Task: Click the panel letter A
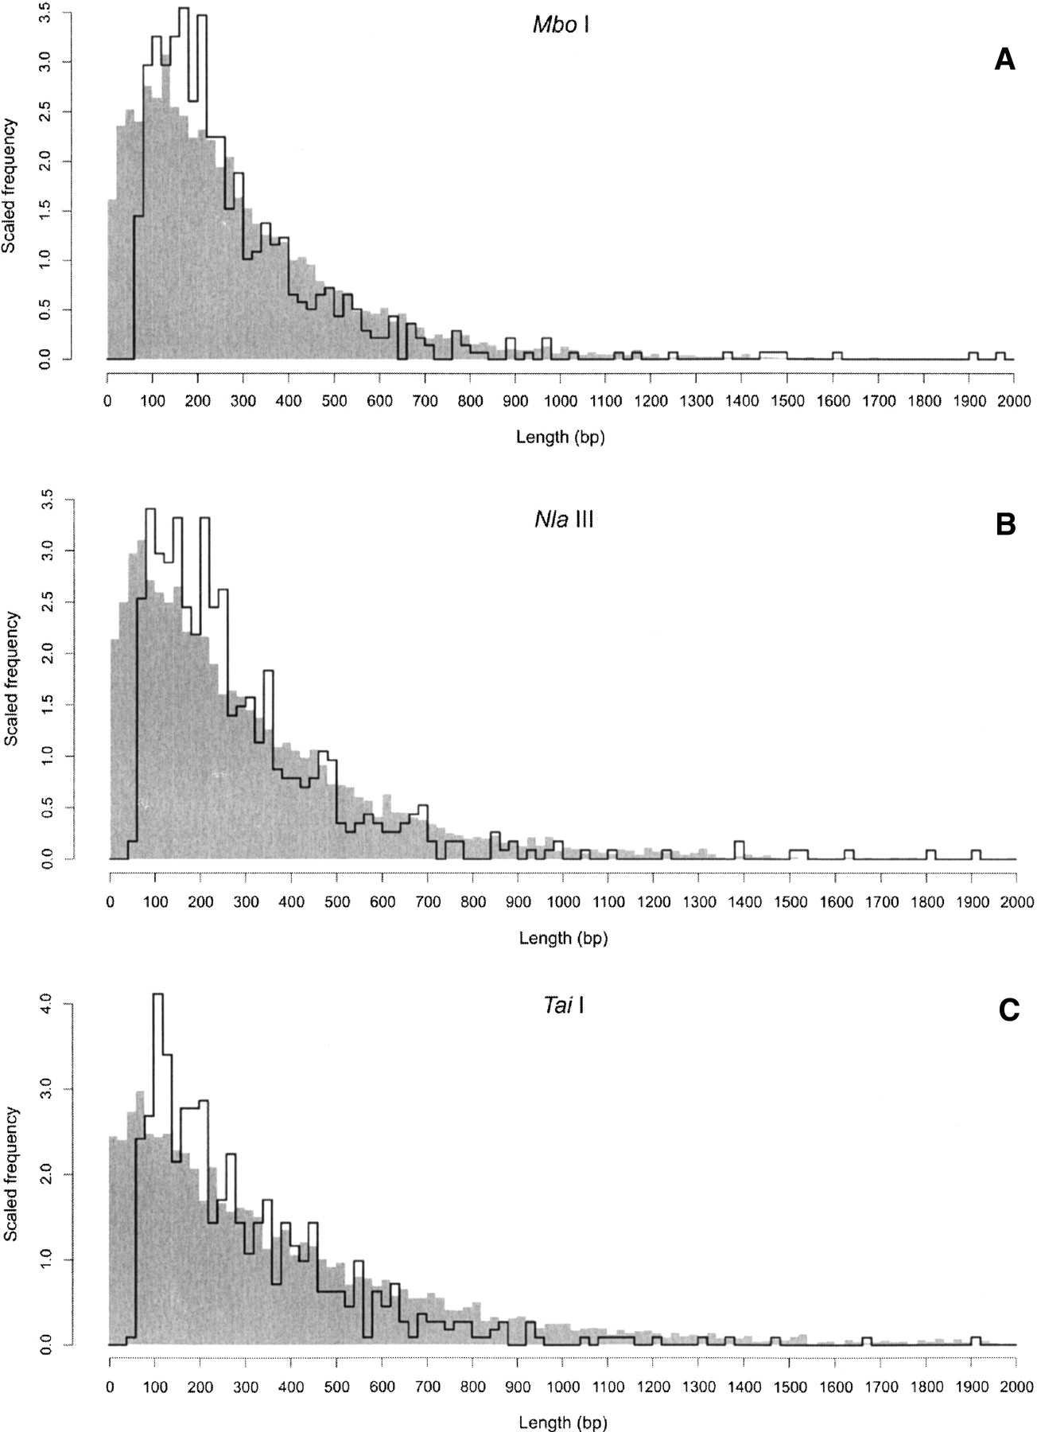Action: coord(1005,60)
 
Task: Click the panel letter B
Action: coord(1006,525)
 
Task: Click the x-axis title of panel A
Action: coord(561,437)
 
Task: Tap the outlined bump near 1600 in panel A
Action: coord(837,352)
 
